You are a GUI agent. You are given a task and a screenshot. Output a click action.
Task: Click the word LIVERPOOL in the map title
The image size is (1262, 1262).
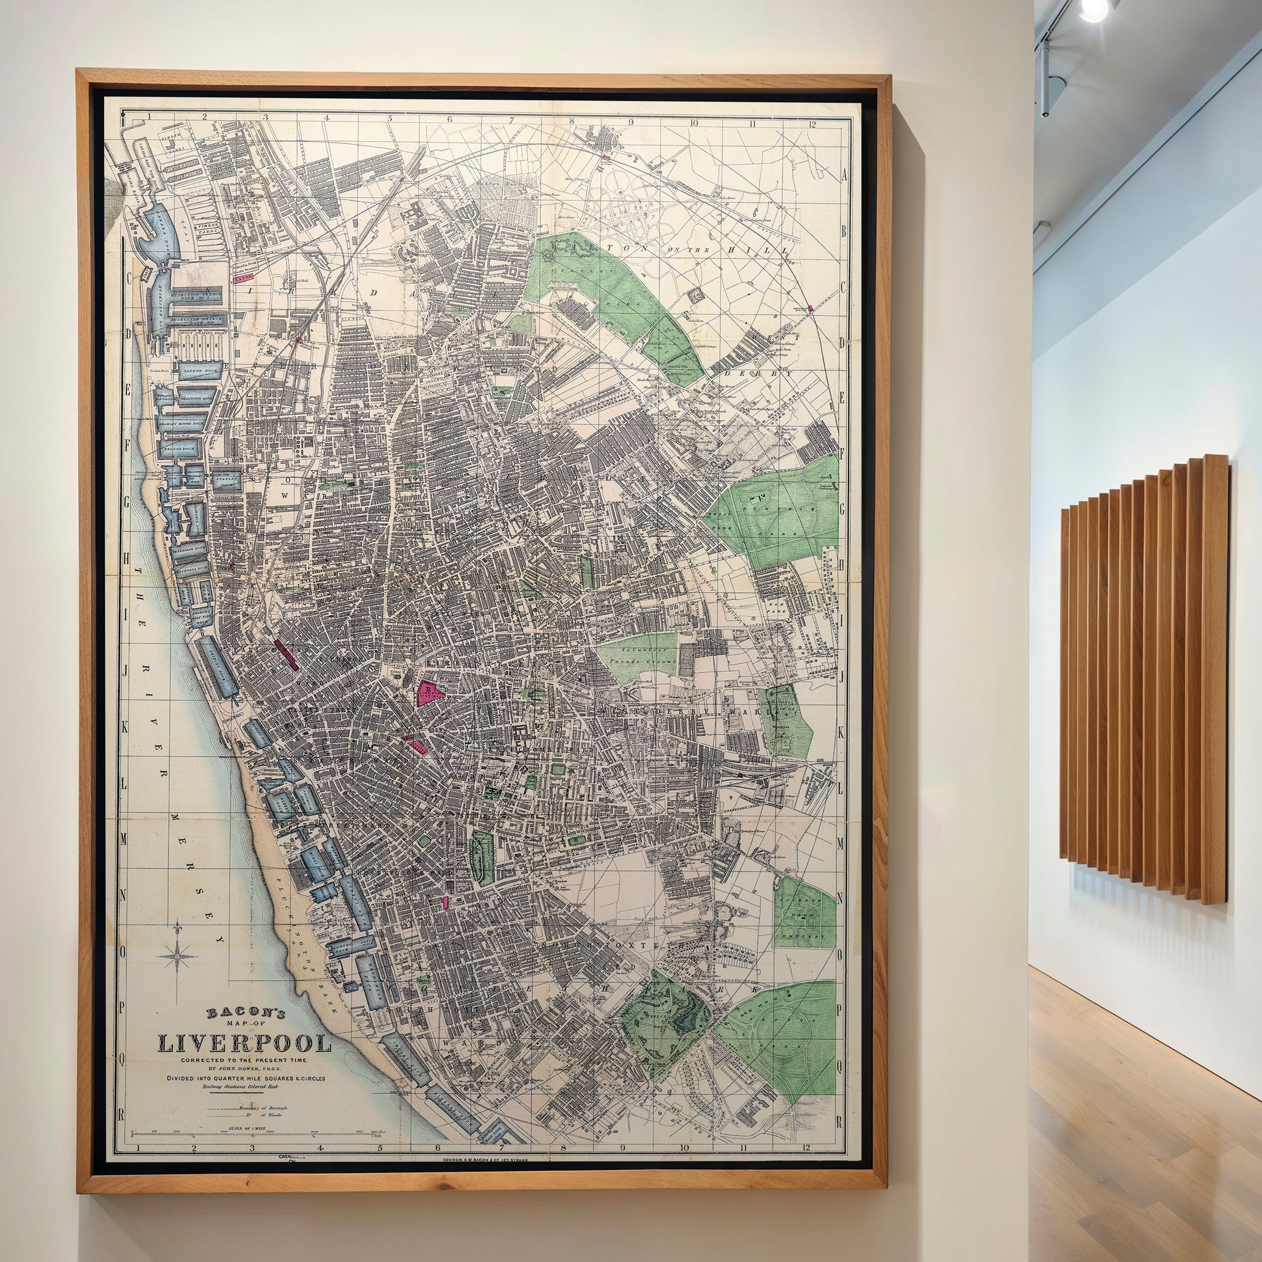pos(244,1043)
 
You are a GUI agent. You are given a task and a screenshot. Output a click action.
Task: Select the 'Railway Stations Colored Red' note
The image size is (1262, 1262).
pos(240,1087)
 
